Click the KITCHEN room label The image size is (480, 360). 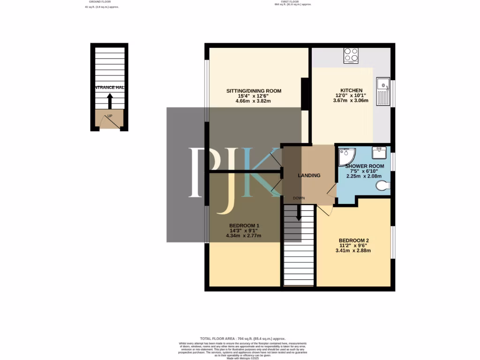click(x=351, y=90)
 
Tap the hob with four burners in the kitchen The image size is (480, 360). click(x=351, y=56)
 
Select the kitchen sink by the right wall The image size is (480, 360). click(x=383, y=91)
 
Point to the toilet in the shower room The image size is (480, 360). click(x=383, y=186)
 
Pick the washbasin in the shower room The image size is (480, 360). click(x=379, y=152)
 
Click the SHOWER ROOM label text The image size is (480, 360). click(x=364, y=166)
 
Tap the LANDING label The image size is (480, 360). click(x=309, y=176)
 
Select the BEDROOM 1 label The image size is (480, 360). click(x=244, y=226)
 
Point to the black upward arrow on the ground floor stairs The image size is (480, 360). click(x=110, y=101)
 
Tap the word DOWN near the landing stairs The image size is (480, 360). click(x=299, y=198)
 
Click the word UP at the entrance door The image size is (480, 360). click(x=110, y=115)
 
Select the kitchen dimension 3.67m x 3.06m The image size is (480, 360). click(x=351, y=101)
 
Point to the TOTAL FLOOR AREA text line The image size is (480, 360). click(x=242, y=338)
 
